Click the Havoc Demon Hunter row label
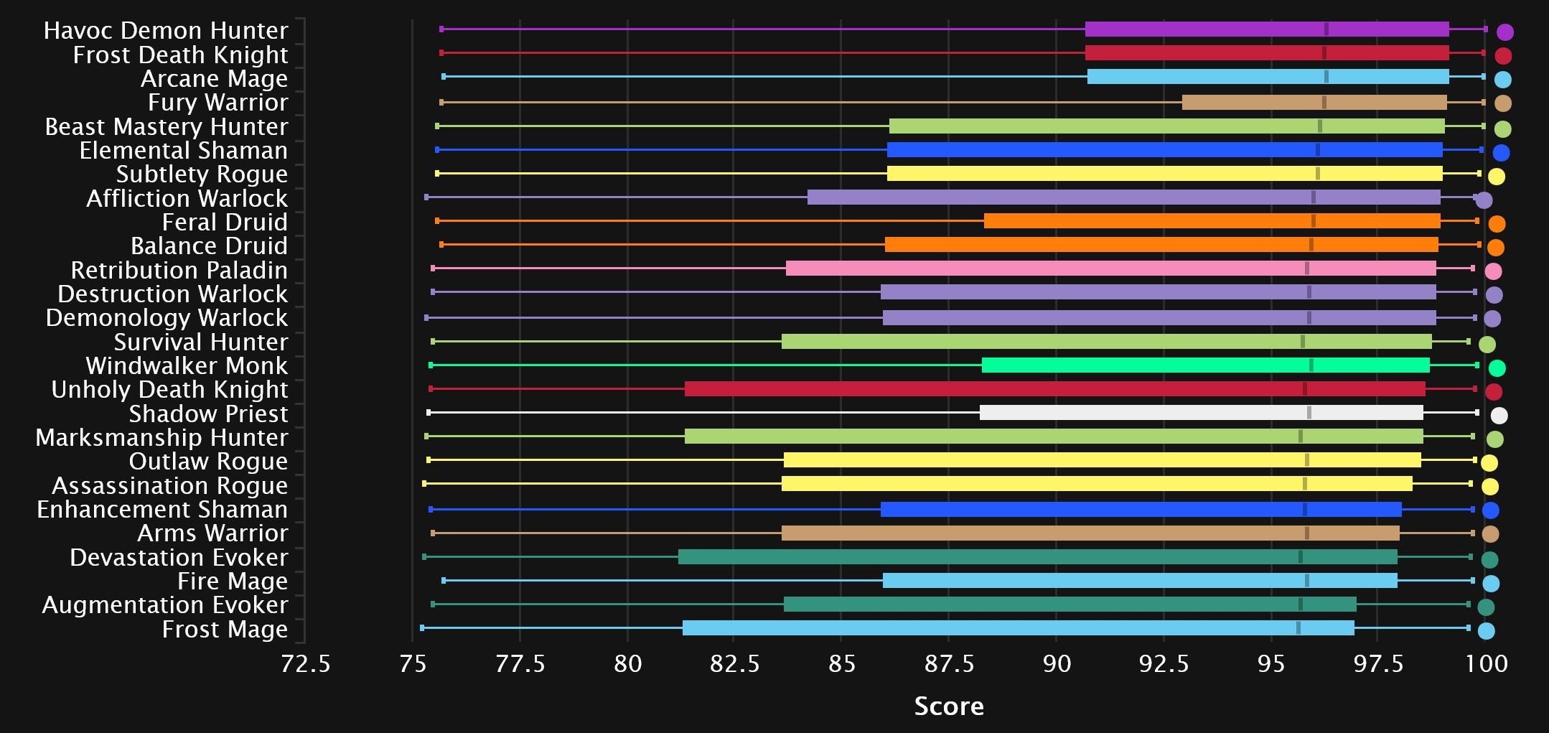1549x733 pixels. pos(165,31)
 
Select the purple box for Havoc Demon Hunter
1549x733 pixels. pos(1266,29)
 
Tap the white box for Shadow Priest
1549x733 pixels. pos(1201,413)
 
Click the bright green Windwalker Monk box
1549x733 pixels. pos(1205,365)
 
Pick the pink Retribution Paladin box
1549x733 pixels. pos(1110,269)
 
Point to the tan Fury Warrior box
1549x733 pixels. pos(1314,103)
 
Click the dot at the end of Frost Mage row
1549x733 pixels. pos(1486,631)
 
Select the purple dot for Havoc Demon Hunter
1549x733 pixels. pos(1504,32)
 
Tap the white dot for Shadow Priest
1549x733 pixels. pos(1499,415)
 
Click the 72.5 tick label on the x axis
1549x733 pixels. pos(305,664)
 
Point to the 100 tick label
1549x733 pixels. pos(1486,664)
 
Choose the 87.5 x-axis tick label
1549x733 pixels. pos(949,664)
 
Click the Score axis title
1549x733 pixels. pos(949,706)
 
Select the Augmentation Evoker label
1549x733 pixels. pos(165,605)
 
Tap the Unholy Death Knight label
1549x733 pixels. pos(169,390)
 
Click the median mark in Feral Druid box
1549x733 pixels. pos(1313,221)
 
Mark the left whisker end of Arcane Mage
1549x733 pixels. pos(444,77)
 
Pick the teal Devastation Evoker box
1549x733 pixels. pos(1037,557)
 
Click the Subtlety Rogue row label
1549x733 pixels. pos(202,174)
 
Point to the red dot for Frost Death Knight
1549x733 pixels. pos(1503,56)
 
